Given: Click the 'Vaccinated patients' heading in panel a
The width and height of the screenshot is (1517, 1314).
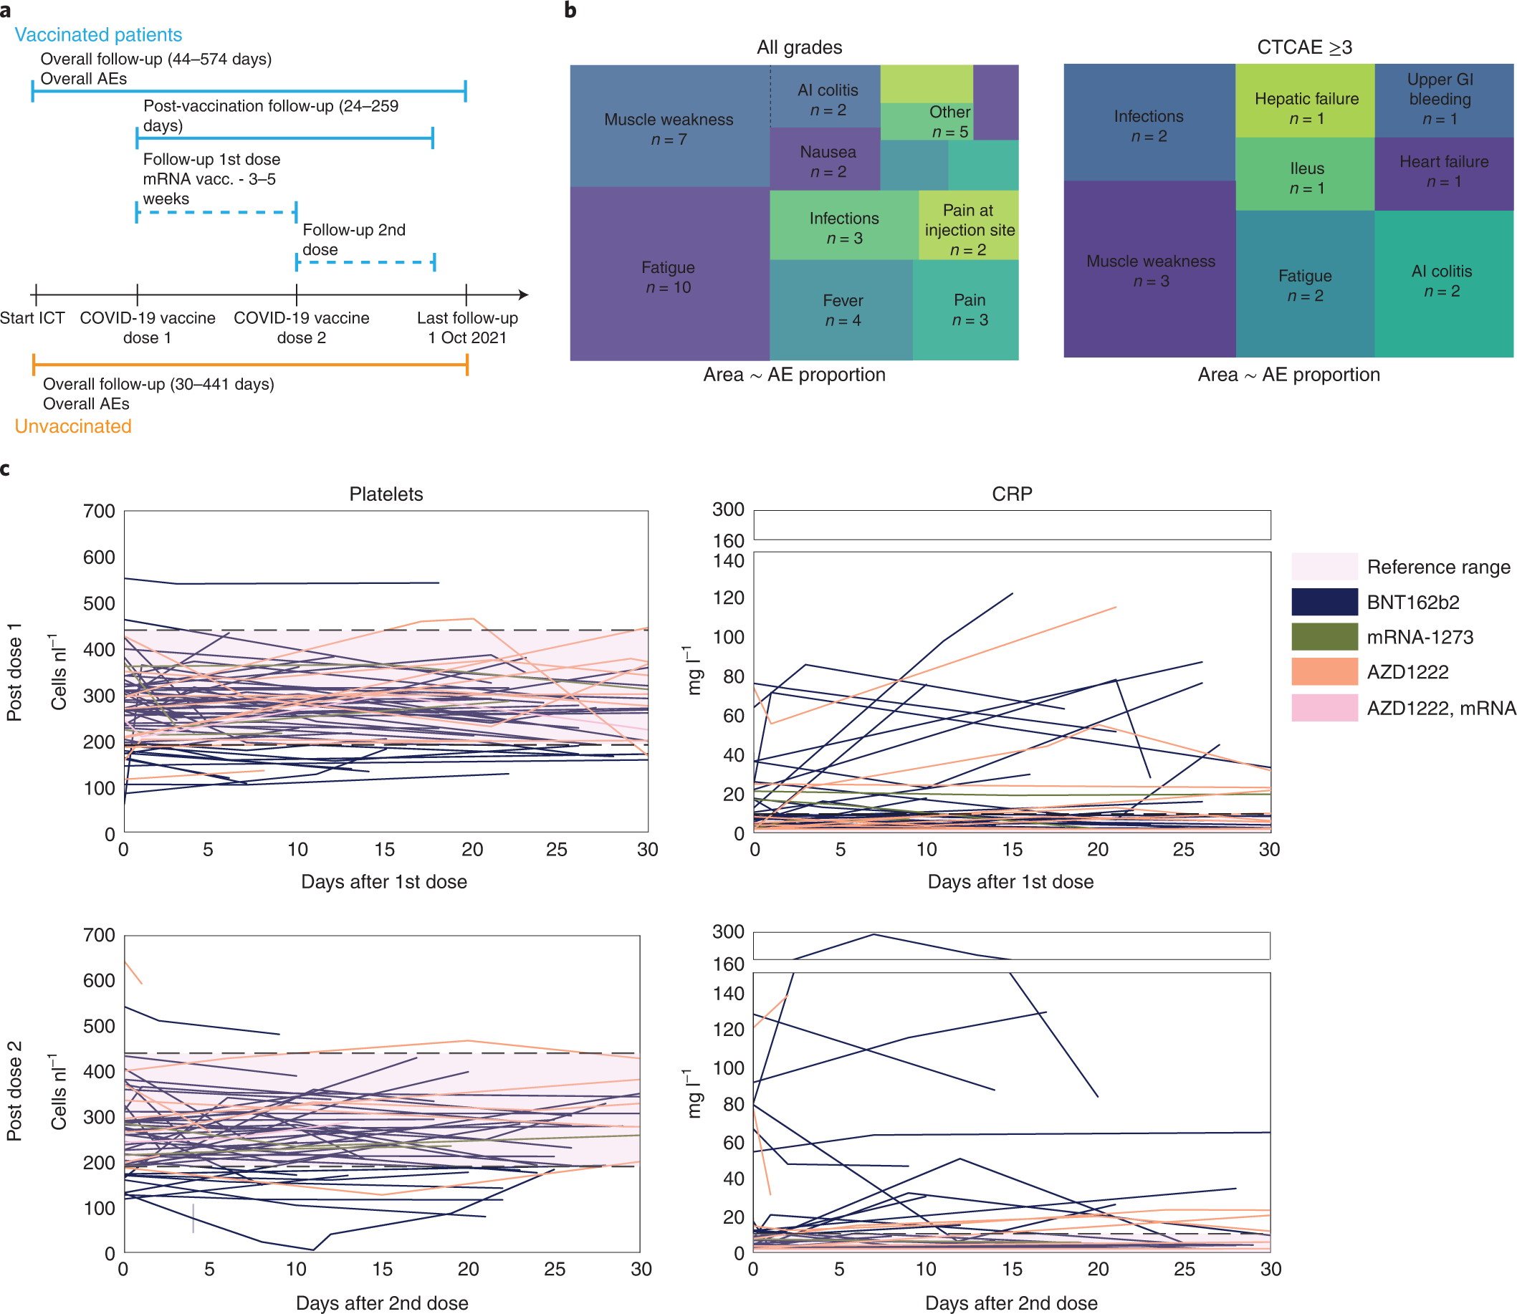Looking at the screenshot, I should tap(98, 34).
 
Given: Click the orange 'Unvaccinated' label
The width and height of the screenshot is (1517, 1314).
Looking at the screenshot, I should tap(72, 426).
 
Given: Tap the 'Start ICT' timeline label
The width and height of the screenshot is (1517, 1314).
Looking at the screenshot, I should tap(32, 317).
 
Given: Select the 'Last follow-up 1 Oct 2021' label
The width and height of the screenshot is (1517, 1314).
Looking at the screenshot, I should tap(467, 327).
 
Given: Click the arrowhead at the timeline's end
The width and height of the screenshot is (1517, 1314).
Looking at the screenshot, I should tap(524, 294).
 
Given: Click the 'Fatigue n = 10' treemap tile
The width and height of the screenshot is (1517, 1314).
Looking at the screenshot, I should tap(668, 277).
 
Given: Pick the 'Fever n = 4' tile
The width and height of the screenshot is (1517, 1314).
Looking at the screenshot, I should tap(843, 310).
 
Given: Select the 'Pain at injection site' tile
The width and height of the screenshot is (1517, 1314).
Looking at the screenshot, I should tap(969, 229).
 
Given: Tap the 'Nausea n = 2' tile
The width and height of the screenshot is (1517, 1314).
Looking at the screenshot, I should tap(827, 161).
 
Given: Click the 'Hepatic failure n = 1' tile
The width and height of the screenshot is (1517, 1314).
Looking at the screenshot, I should tap(1306, 107).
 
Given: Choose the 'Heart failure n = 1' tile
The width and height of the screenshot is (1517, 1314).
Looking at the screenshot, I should tap(1443, 171).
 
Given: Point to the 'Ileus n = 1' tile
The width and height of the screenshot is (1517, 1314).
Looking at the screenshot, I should tap(1306, 178).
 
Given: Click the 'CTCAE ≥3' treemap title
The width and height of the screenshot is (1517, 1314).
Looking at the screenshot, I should tap(1303, 47).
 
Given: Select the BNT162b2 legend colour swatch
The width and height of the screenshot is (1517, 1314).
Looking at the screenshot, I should tap(1324, 602).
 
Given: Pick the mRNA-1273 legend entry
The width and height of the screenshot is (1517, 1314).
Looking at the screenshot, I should tap(1419, 637).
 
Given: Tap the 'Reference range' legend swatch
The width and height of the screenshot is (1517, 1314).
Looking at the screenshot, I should tap(1324, 567).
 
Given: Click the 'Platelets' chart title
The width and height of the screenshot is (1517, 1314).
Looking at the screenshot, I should tap(386, 494).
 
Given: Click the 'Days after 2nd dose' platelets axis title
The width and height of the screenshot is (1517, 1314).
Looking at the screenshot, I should tap(381, 1303).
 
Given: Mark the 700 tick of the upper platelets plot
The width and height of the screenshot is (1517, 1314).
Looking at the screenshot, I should tap(99, 511).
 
